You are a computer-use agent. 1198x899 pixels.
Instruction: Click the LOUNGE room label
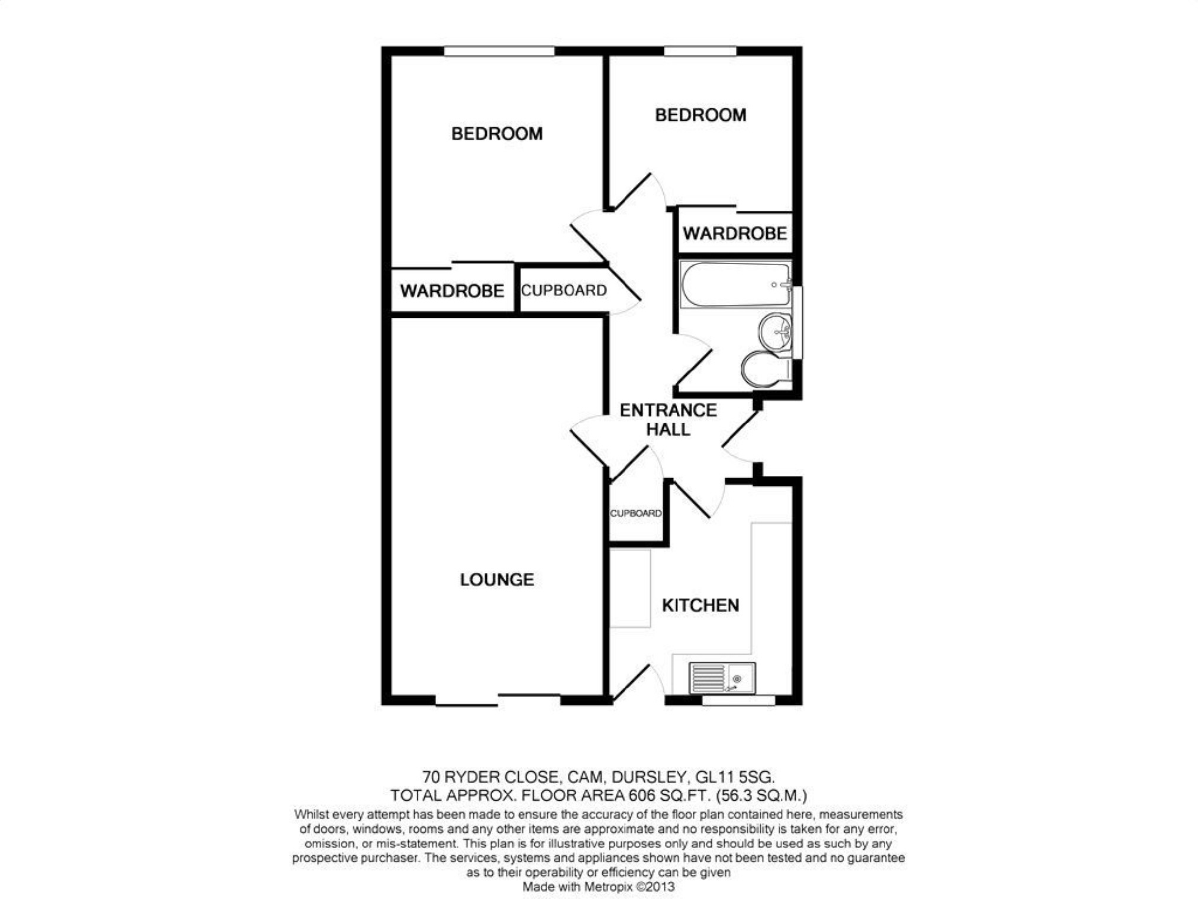tap(496, 579)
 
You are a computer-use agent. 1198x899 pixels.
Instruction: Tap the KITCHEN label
tap(700, 605)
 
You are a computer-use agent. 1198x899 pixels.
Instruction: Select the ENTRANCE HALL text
tap(668, 419)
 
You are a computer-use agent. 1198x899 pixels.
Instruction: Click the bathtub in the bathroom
tap(735, 285)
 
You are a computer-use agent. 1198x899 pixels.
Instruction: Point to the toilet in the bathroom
tap(765, 369)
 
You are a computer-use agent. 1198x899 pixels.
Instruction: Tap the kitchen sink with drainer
tap(722, 678)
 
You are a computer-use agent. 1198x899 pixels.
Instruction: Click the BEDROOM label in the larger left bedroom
tap(496, 134)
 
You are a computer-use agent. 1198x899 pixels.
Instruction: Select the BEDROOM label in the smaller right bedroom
tap(700, 115)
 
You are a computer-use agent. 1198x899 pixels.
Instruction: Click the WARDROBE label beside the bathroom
tap(735, 233)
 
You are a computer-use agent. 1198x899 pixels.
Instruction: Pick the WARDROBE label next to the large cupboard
tap(452, 291)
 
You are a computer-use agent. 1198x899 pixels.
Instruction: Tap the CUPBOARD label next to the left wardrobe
tap(564, 290)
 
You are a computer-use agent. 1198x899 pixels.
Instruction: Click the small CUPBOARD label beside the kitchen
tap(636, 513)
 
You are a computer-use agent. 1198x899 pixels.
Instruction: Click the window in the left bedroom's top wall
tap(499, 51)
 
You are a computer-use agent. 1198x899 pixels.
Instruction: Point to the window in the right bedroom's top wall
tap(700, 51)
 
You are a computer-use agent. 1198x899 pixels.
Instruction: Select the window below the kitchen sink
tap(738, 701)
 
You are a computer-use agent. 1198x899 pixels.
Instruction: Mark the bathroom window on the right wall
tap(798, 322)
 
